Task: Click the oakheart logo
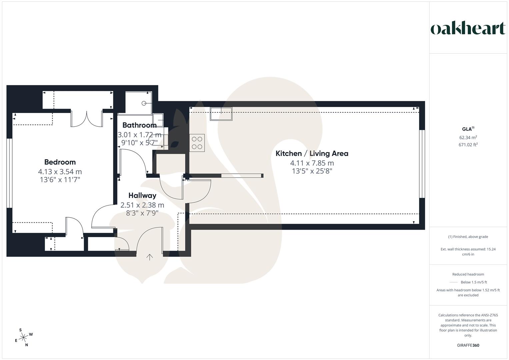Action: pos(468,29)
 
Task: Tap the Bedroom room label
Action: pos(60,162)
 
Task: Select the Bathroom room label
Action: pos(139,125)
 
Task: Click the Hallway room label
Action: pos(142,196)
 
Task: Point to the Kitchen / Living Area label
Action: pos(312,154)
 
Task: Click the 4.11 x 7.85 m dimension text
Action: pos(312,163)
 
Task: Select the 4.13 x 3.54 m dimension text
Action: pos(60,172)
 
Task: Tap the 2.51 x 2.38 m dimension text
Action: pos(142,205)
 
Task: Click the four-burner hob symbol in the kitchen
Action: pos(197,143)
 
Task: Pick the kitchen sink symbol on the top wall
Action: pos(221,113)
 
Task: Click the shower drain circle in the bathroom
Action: pos(144,103)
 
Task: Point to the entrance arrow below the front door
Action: pos(150,257)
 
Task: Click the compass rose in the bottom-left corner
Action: pos(24,338)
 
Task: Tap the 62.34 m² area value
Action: pos(468,137)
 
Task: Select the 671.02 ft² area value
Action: pos(468,145)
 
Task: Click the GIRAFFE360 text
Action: pos(468,345)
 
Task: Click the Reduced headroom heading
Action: pos(468,274)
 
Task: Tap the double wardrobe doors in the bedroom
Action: pos(87,118)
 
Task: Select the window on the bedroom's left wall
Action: pos(9,173)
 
